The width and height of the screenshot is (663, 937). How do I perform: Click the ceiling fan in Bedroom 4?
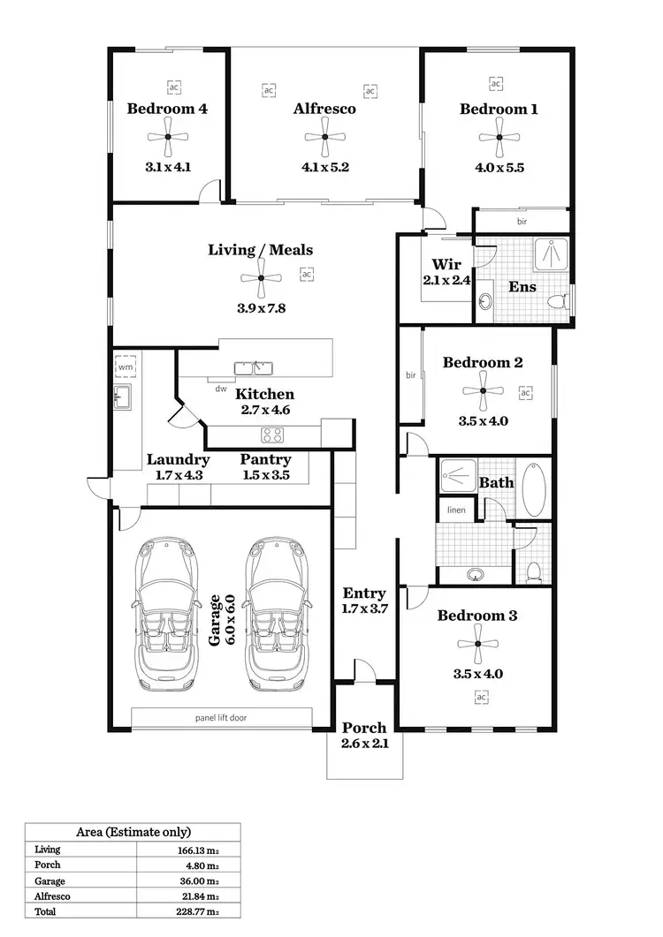[167, 137]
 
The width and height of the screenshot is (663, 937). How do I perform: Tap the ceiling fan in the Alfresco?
[324, 137]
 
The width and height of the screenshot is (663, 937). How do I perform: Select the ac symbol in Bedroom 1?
[496, 84]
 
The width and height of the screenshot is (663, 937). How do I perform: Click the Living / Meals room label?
[260, 250]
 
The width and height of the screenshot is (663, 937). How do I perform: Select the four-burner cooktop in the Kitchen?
[272, 434]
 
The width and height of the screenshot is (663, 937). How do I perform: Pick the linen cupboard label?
[456, 510]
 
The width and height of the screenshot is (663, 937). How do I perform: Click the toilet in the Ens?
[558, 301]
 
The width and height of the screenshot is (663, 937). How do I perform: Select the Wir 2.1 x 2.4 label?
[446, 272]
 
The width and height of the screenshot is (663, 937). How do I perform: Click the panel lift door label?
[220, 718]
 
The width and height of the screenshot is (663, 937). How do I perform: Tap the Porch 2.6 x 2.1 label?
[364, 735]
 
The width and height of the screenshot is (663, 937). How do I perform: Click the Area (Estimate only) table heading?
[133, 832]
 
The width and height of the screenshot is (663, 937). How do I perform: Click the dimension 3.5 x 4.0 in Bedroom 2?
[483, 420]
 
